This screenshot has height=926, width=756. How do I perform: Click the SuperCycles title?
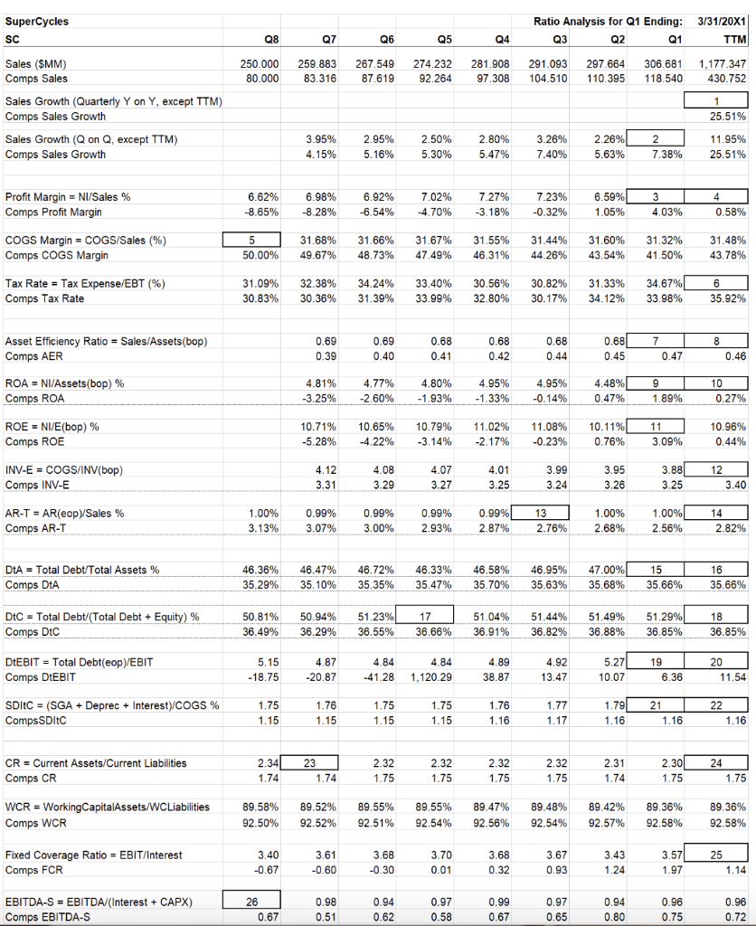click(x=36, y=21)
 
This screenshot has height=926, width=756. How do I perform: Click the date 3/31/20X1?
click(x=723, y=21)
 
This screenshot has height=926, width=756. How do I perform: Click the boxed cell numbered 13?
click(x=541, y=513)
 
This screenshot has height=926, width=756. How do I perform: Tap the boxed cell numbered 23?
click(x=309, y=762)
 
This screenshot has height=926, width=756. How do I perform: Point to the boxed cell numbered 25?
click(x=718, y=855)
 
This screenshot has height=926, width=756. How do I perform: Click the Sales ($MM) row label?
click(x=36, y=64)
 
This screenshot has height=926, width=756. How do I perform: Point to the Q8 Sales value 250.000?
click(x=259, y=64)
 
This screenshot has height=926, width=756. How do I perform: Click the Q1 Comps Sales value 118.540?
click(x=665, y=80)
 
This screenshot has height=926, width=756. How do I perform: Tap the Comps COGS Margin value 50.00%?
click(x=260, y=256)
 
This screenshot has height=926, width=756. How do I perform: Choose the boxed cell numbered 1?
click(x=718, y=100)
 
